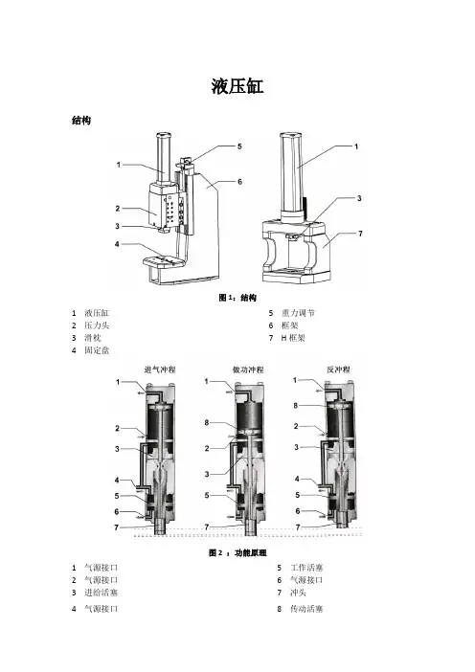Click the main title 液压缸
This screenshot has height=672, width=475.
tap(237, 86)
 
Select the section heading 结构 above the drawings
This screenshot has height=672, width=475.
tap(81, 121)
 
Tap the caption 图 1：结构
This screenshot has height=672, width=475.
tap(237, 298)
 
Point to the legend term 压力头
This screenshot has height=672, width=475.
tap(97, 325)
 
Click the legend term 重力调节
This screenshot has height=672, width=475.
tap(298, 313)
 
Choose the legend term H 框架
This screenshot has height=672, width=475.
tap(293, 338)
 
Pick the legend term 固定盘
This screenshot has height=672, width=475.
tap(97, 350)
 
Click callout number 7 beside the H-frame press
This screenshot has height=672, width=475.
tap(360, 234)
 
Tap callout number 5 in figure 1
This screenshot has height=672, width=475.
tap(239, 146)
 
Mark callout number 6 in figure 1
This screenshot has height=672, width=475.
tap(239, 181)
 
